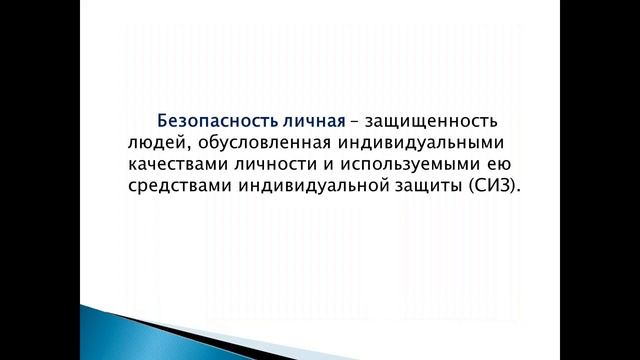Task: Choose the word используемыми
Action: tap(411, 166)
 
